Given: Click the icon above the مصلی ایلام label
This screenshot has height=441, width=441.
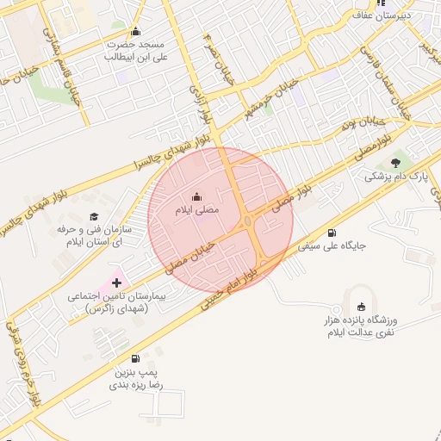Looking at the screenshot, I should coord(197,196).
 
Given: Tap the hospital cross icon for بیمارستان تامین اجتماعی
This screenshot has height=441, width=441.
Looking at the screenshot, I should coord(117,283).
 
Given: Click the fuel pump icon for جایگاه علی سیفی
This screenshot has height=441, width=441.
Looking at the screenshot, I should coord(332,233).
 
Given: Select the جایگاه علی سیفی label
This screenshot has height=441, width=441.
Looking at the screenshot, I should coord(332,246).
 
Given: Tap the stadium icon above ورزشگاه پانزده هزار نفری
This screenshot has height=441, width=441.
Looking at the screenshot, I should coord(360,307).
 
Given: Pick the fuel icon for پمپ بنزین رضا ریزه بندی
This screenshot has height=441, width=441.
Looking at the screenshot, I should coord(134,359).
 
